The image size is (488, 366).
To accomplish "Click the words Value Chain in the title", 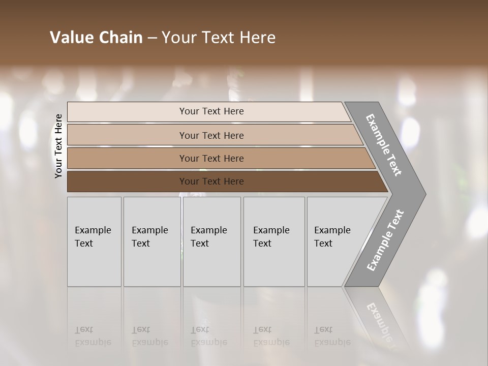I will coord(96,38).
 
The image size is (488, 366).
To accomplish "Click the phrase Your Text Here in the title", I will coord(219,38).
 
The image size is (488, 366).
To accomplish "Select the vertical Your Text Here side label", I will coord(59,146).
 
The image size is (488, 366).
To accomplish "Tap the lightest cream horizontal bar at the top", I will coord(127,112).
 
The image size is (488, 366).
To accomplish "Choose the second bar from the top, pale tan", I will coord(127,135).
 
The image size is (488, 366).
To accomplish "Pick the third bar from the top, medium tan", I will coord(127,158).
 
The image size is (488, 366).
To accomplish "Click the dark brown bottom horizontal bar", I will coord(127,181).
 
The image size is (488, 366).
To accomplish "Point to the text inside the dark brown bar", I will coord(211,181).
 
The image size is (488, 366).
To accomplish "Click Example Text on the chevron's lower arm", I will coord(385,240).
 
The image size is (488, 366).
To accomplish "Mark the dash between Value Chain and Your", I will coord(152,38).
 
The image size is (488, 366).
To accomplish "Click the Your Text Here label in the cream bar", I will coord(211,111).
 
